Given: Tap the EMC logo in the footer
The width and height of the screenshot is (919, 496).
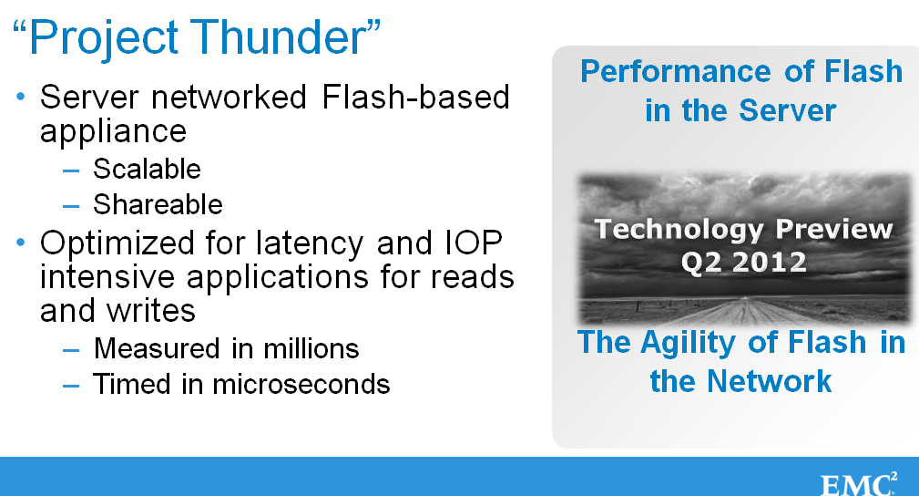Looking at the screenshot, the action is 859,483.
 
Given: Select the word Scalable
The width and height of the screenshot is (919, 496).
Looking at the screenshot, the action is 148,169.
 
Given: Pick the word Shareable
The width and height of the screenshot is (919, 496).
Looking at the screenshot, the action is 158,205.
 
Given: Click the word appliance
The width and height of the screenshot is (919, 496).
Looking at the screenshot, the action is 113,132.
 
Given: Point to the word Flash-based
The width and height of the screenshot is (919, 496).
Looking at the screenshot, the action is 415,97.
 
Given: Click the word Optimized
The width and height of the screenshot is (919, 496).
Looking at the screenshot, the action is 117,244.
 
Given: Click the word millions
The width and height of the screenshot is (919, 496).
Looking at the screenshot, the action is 311,348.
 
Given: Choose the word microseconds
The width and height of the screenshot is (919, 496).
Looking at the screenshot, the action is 301,385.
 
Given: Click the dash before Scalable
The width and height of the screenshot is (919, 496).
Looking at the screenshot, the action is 71,170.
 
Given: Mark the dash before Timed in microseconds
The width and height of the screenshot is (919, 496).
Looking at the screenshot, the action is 71,387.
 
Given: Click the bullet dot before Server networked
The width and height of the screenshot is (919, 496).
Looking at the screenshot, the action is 21,96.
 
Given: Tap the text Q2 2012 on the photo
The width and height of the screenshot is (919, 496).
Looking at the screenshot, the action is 744,262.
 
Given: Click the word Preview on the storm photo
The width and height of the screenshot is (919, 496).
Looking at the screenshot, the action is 834,230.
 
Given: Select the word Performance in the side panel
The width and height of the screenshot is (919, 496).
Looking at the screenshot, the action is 676,72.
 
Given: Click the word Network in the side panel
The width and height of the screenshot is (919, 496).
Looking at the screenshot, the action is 769,381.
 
